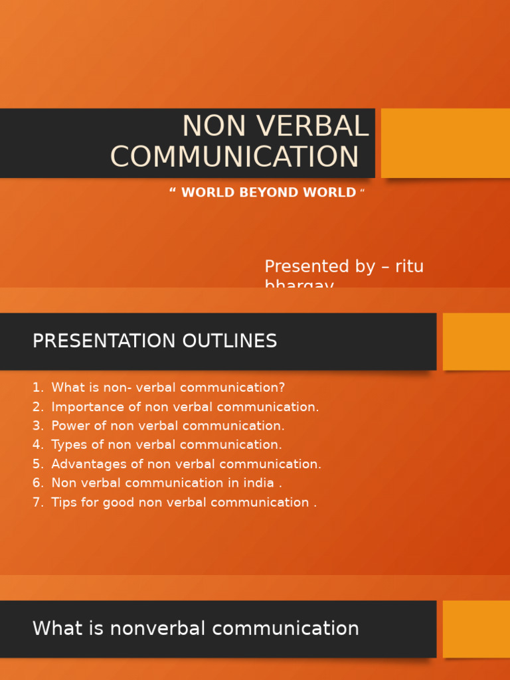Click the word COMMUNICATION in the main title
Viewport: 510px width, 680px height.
[234, 157]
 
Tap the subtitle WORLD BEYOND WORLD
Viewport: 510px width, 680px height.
[268, 193]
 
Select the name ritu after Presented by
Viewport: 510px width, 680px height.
[409, 267]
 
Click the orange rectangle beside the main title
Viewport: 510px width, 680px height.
[445, 143]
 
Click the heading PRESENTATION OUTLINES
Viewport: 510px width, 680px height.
[155, 341]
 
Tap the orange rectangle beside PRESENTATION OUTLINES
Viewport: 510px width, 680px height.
[476, 341]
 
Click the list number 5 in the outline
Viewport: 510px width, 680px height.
[37, 464]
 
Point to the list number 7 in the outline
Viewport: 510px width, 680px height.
[37, 503]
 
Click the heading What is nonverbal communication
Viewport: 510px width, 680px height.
[195, 629]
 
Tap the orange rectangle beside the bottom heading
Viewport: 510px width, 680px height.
[476, 629]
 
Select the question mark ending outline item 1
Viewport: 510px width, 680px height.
[282, 388]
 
